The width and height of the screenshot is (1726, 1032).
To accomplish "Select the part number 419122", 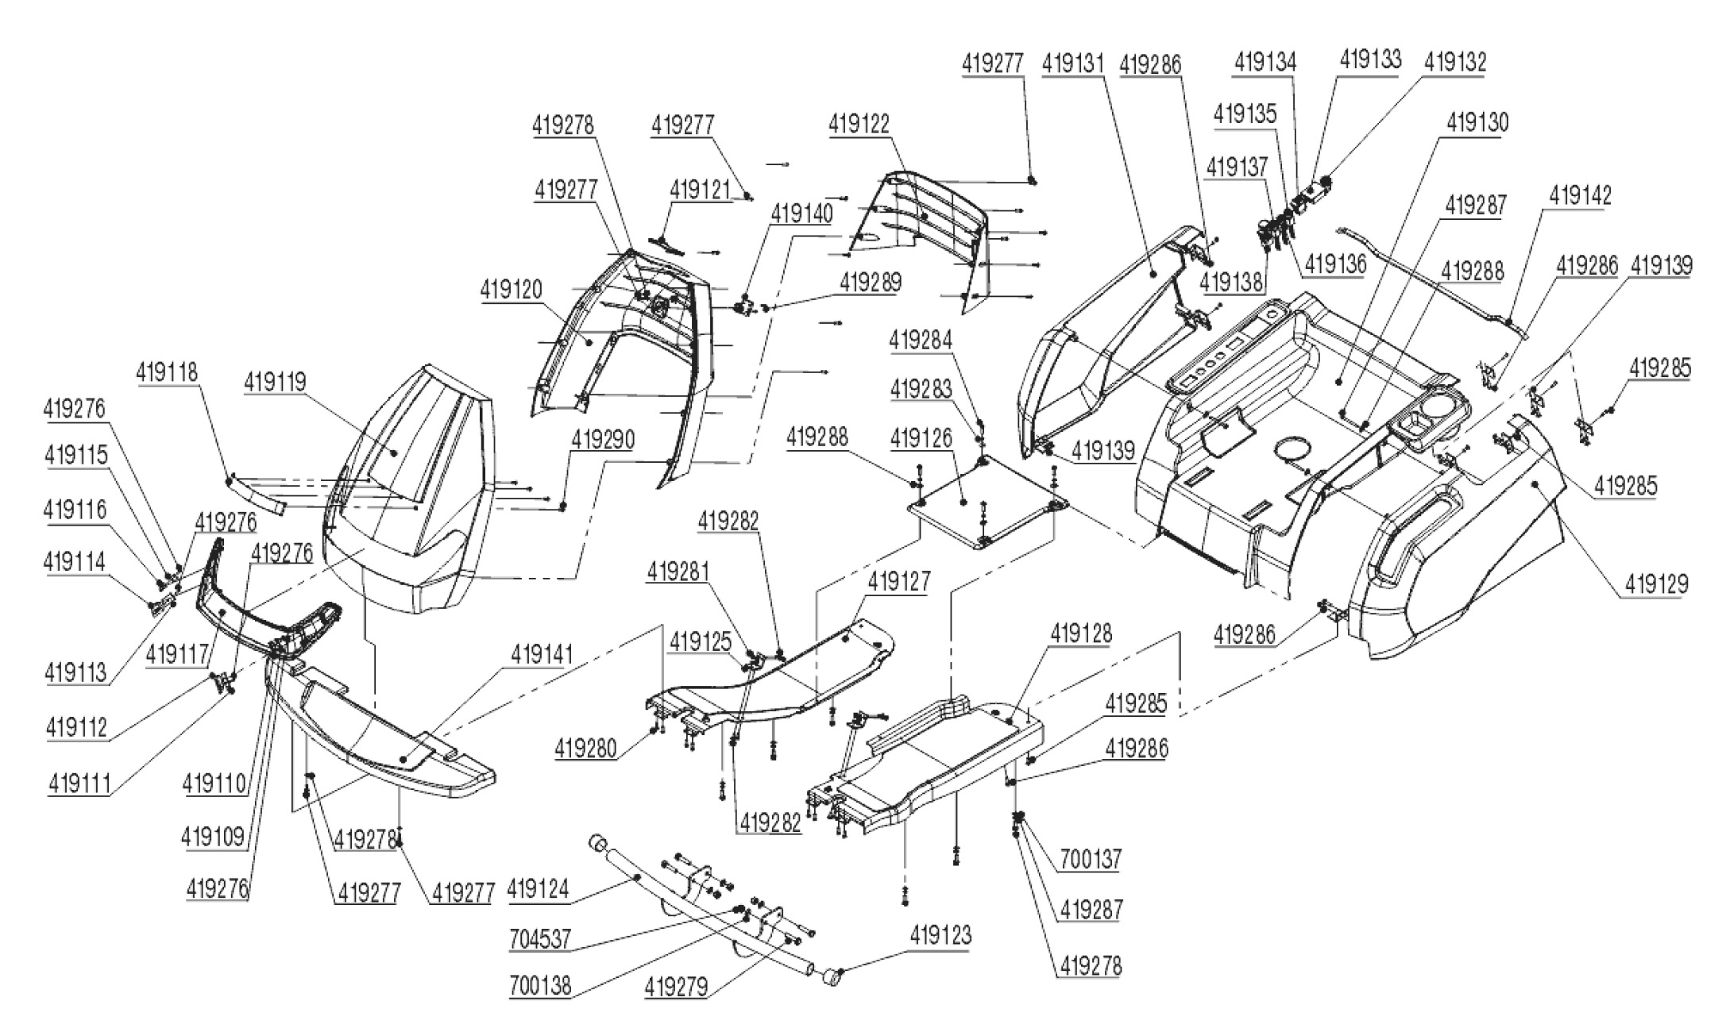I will (x=859, y=124).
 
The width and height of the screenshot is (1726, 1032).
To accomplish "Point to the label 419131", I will (x=1073, y=64).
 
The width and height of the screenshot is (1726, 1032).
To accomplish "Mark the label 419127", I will (x=898, y=581).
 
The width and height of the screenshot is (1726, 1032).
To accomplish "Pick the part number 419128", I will (x=1082, y=633).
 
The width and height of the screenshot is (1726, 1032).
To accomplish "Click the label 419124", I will (x=538, y=888).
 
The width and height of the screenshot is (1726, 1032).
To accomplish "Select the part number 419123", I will (x=940, y=935).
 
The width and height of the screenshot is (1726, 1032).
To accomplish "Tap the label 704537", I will (x=540, y=940).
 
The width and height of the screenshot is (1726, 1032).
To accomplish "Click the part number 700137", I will (x=1090, y=859).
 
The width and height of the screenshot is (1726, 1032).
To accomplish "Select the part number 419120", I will (x=511, y=291).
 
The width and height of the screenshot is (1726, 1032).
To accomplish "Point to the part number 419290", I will (x=603, y=439).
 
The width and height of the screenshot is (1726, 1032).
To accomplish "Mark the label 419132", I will (x=1455, y=61).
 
